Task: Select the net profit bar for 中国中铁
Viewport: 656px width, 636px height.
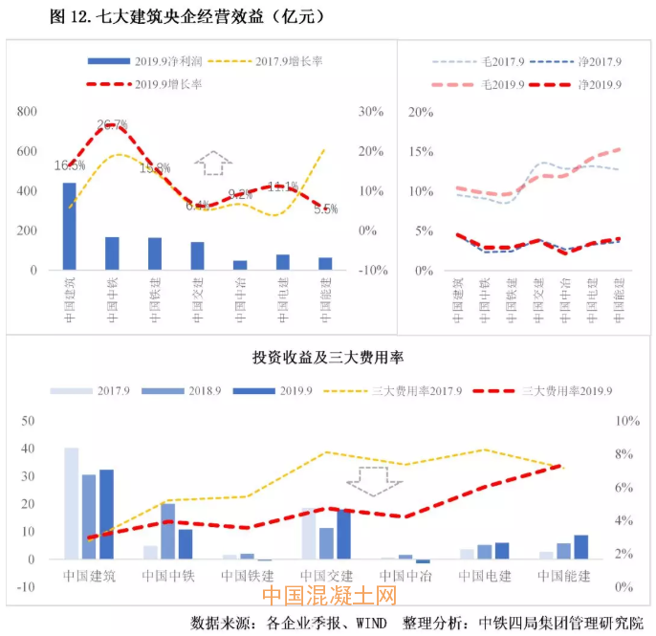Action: click(x=112, y=253)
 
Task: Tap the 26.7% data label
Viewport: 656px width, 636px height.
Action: click(x=113, y=125)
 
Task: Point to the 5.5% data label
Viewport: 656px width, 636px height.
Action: click(x=326, y=208)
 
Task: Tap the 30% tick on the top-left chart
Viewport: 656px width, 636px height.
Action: click(x=370, y=112)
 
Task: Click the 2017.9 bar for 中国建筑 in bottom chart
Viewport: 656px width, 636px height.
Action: click(x=72, y=503)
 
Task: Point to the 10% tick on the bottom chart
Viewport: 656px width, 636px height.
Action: click(x=627, y=421)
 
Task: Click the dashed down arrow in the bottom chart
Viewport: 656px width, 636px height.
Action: click(x=375, y=480)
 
